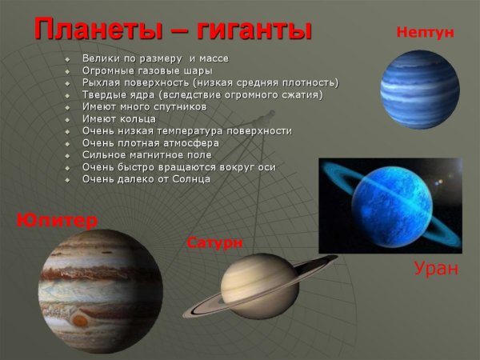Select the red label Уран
point(436,268)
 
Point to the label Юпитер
point(57,220)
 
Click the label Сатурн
point(214,242)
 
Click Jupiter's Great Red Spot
point(79,320)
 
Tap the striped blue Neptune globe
point(419,89)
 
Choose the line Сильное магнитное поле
point(146,154)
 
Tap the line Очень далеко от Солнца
point(146,178)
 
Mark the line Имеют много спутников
point(144,106)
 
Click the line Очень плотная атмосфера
point(150,142)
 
